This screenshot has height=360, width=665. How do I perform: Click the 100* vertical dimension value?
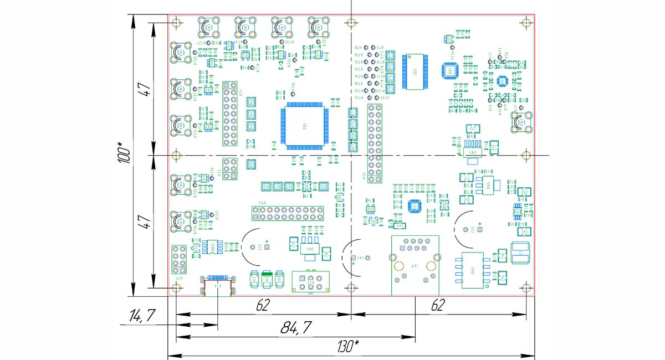click(x=124, y=152)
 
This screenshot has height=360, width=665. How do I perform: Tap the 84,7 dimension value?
click(x=295, y=327)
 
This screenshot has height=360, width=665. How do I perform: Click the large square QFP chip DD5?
click(x=305, y=126)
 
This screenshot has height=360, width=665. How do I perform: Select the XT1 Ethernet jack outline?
click(x=415, y=266)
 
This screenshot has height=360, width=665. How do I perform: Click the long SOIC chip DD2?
click(x=415, y=71)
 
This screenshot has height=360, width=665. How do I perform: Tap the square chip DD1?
click(x=450, y=70)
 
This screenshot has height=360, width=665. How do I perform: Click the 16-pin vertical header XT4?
click(x=231, y=115)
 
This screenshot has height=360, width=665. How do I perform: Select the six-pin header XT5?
click(x=231, y=168)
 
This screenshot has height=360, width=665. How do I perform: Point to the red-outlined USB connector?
click(x=218, y=287)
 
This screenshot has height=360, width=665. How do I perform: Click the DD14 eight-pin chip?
click(x=211, y=247)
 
